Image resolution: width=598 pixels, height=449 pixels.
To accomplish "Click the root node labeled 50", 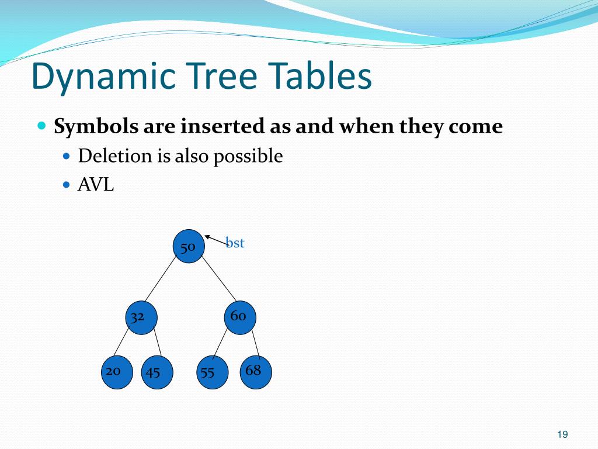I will coord(189,247).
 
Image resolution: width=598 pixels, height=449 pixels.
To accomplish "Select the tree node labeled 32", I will coord(141,318).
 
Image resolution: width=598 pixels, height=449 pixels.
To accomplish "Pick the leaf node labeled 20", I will coord(117,372).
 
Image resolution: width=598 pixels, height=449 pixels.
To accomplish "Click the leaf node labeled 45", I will coord(157,372).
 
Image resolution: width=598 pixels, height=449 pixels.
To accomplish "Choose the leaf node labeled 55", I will coord(211,372).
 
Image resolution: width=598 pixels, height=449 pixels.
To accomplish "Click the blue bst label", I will coord(235,243).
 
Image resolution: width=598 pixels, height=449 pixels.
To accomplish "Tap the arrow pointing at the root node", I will coord(215,240).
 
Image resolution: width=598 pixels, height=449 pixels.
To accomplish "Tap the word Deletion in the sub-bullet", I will coord(107,156).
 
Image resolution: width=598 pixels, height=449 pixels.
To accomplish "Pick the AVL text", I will coord(96,185).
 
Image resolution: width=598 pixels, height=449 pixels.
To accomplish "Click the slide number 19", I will coord(562,434).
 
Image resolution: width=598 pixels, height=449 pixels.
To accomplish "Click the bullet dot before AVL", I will coord(66,185).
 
